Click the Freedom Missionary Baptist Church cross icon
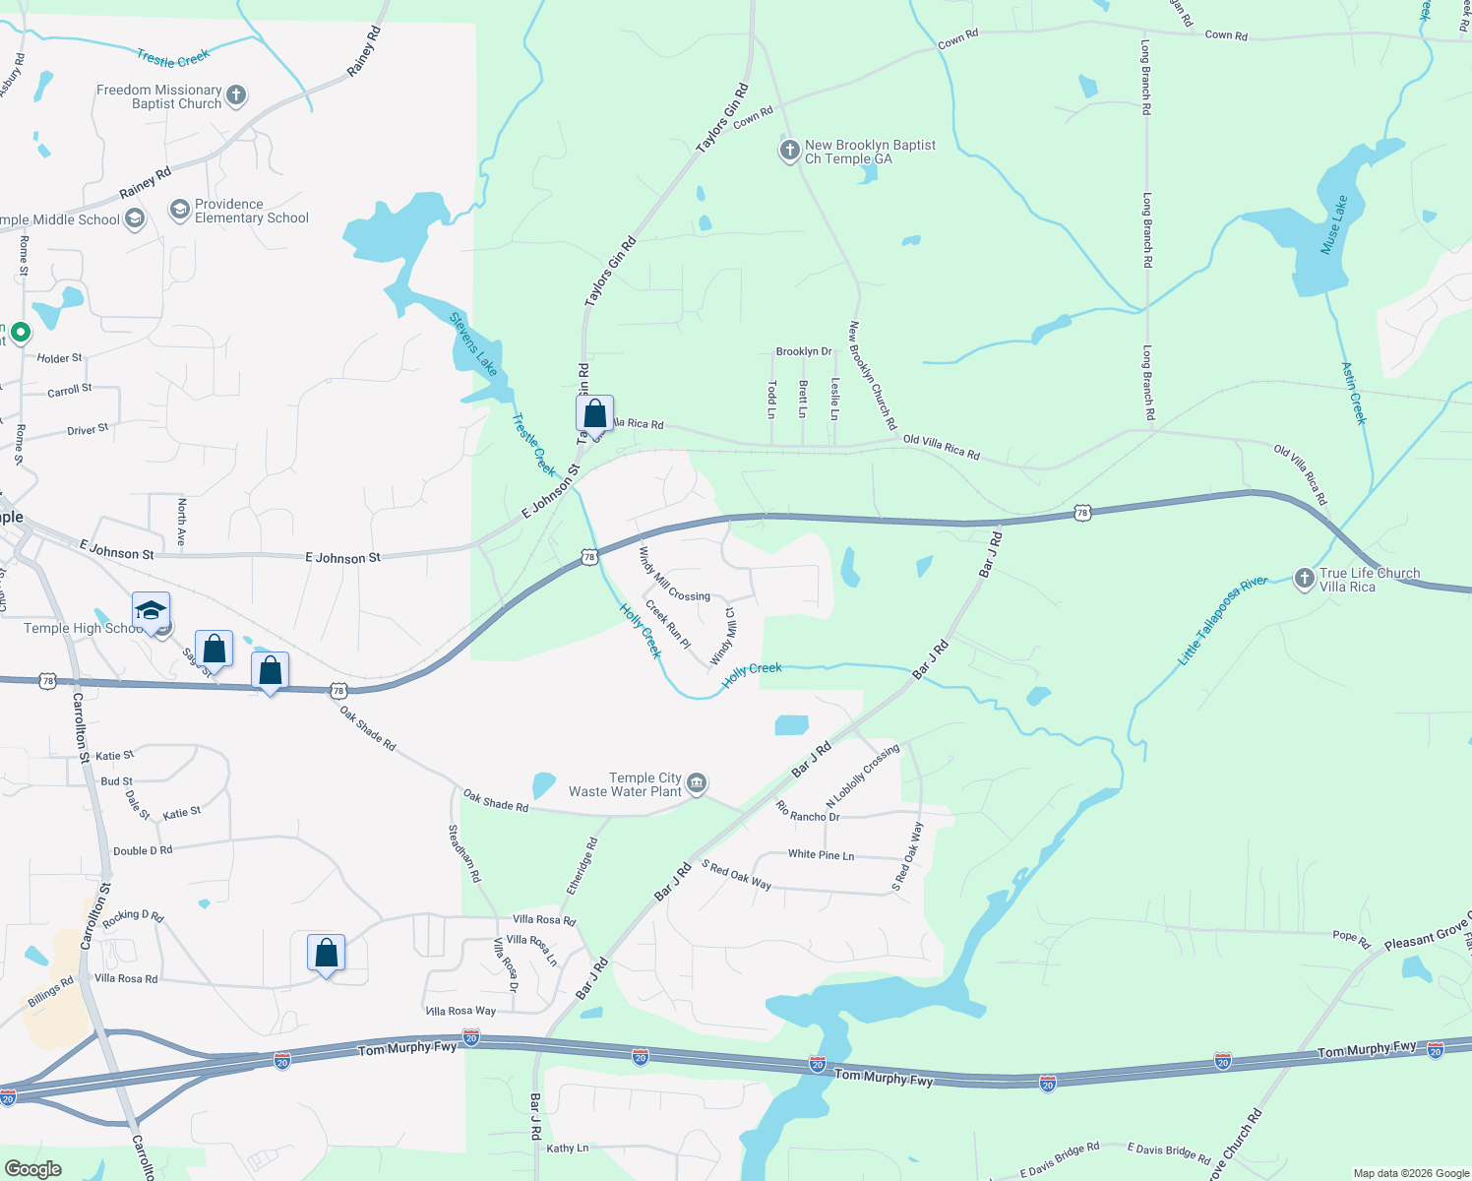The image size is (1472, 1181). tap(235, 95)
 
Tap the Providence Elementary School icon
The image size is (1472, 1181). tap(179, 209)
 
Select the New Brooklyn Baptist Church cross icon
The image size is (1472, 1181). tap(789, 151)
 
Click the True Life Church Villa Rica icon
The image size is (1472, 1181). tap(1304, 579)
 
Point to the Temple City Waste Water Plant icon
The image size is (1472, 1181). tap(696, 783)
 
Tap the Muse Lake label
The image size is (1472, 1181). tap(1333, 225)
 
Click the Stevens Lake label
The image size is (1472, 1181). tap(473, 342)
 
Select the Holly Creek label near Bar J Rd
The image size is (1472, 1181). tap(752, 674)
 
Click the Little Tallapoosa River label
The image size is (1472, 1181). tap(1223, 621)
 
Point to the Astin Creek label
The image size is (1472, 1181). tap(1354, 393)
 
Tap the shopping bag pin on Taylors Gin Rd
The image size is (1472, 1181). tap(594, 412)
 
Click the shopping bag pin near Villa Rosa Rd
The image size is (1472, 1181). tap(326, 953)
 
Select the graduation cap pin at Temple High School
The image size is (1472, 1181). tap(151, 611)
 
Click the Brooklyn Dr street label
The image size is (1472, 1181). tap(803, 351)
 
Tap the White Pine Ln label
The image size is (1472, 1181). tap(821, 854)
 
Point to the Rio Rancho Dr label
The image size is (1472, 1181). tap(808, 812)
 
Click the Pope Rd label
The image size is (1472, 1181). tap(1351, 939)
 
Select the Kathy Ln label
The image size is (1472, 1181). tap(567, 1148)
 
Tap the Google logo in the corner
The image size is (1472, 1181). tap(33, 1168)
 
